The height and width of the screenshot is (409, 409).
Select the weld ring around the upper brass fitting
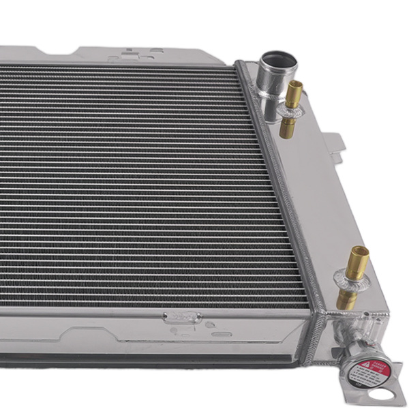click(x=289, y=110)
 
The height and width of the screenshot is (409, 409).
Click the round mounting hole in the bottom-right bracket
click(x=394, y=394)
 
